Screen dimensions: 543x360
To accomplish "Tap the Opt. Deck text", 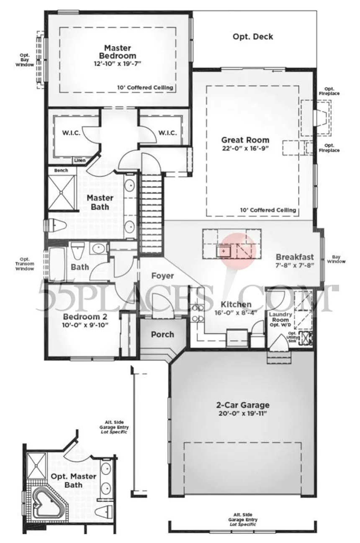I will click(x=253, y=37).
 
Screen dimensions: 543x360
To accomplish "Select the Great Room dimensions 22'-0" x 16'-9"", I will click(x=245, y=148).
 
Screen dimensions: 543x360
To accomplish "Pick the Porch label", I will click(x=162, y=334).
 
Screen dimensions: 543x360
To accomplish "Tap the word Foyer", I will click(x=163, y=276).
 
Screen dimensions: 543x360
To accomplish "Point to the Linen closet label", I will click(x=80, y=160).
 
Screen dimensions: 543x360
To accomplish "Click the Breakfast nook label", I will click(x=295, y=257).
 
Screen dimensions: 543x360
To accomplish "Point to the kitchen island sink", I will click(x=224, y=251).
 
